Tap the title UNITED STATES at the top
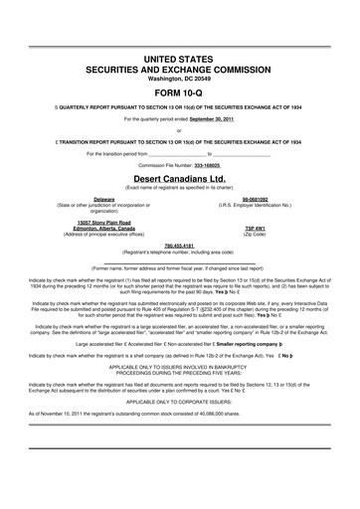[179, 61]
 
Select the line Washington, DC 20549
[179, 80]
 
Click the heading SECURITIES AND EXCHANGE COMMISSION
[179, 72]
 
